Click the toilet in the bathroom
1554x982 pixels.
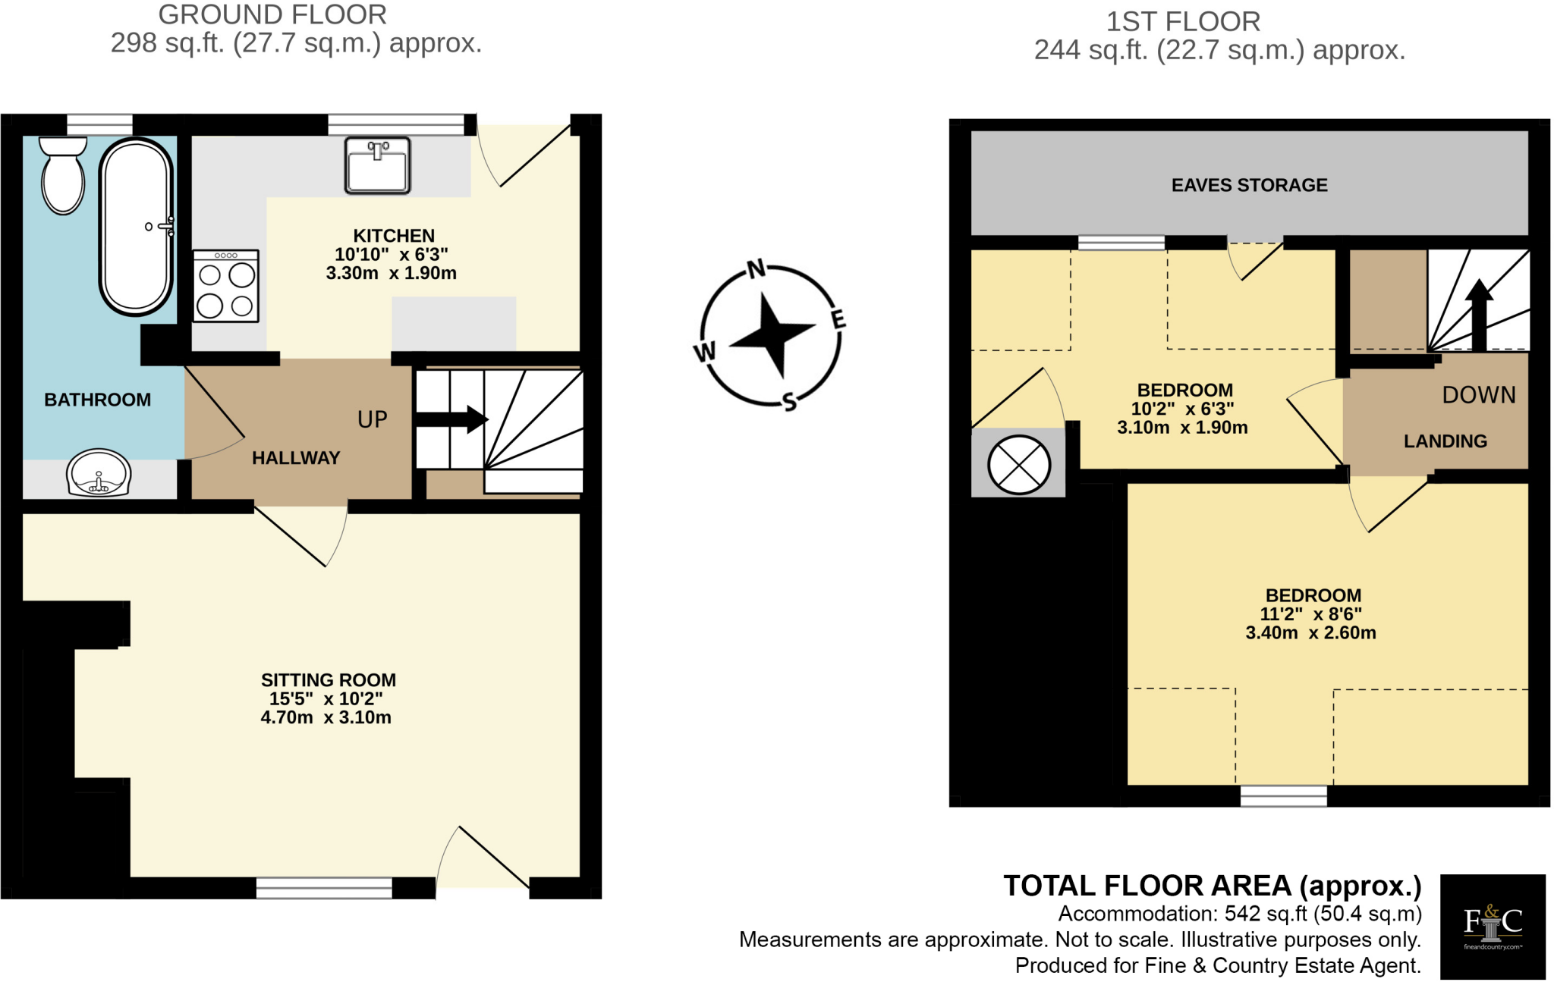[x=63, y=176]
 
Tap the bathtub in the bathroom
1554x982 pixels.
[x=136, y=227]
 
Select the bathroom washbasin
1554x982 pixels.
[x=99, y=473]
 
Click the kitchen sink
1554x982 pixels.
[x=377, y=165]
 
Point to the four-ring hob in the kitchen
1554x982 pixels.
[x=225, y=287]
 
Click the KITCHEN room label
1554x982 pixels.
[x=394, y=236]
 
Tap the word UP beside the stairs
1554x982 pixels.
[x=372, y=419]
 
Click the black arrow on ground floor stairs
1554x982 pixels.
[x=452, y=419]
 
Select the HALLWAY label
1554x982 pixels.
[x=296, y=458]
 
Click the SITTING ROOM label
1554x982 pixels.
[x=328, y=680]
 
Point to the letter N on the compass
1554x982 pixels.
[x=756, y=268]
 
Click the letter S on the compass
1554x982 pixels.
[x=789, y=401]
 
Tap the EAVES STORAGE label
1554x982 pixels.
[x=1249, y=185]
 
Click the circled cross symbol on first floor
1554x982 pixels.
[x=1018, y=464]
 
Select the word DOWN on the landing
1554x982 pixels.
[x=1478, y=395]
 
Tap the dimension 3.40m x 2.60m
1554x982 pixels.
[x=1310, y=633]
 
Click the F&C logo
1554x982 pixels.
[x=1492, y=926]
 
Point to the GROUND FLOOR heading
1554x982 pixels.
[x=272, y=14]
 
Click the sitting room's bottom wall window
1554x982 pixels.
[x=324, y=887]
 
